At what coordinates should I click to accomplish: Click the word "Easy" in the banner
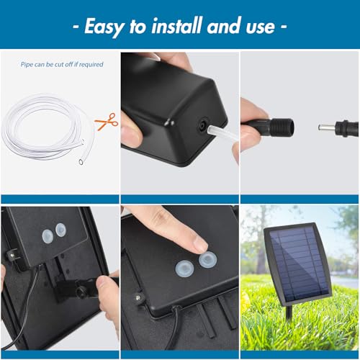[104, 27]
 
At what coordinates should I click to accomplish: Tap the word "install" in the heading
[177, 25]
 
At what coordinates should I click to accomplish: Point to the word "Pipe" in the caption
[27, 65]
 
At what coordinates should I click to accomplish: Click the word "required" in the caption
[91, 65]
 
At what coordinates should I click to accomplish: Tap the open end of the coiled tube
[81, 162]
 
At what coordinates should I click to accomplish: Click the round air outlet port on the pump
[201, 125]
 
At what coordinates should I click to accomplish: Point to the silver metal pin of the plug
[327, 127]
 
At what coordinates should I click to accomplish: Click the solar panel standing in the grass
[297, 264]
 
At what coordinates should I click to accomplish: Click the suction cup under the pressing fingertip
[208, 261]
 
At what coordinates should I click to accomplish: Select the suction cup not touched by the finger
[184, 269]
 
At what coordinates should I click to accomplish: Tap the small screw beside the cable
[138, 298]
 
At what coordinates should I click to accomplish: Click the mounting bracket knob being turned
[81, 290]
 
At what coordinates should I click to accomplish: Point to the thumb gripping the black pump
[131, 131]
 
